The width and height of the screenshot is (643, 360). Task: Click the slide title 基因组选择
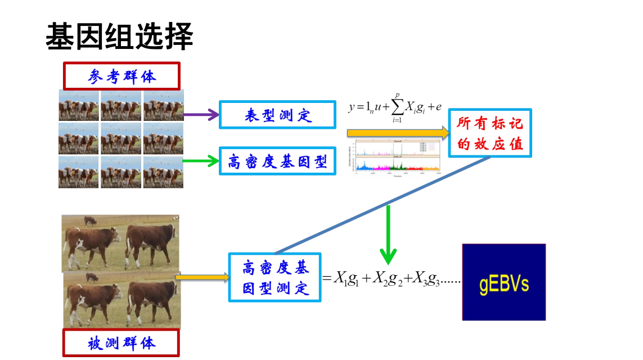pyautogui.click(x=119, y=37)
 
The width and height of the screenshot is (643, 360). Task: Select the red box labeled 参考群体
pyautogui.click(x=122, y=76)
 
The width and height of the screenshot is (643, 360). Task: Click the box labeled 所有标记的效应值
pyautogui.click(x=490, y=133)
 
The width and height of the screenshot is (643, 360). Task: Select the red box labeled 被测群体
pyautogui.click(x=121, y=343)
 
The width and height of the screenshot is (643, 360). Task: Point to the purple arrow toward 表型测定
pyautogui.click(x=201, y=115)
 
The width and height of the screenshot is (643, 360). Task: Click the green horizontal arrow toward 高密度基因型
pyautogui.click(x=201, y=161)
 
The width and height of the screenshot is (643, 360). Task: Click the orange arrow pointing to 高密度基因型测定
pyautogui.click(x=203, y=277)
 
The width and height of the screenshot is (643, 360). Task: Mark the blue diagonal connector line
pyautogui.click(x=383, y=205)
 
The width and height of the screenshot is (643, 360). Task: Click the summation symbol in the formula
pyautogui.click(x=397, y=107)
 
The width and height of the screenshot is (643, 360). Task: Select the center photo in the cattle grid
pyautogui.click(x=121, y=138)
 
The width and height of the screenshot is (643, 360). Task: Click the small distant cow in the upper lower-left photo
pyautogui.click(x=89, y=220)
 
